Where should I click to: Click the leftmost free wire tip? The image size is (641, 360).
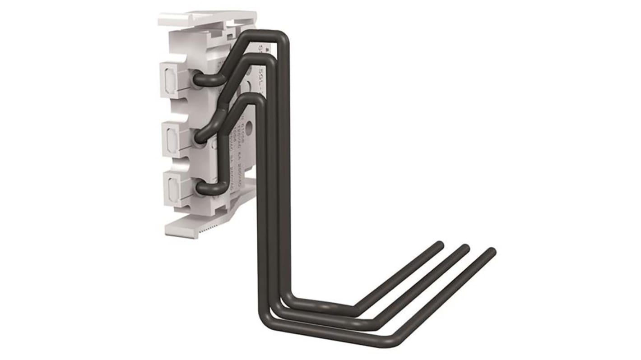(x=438, y=245)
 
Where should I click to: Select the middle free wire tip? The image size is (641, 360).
(x=465, y=248)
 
